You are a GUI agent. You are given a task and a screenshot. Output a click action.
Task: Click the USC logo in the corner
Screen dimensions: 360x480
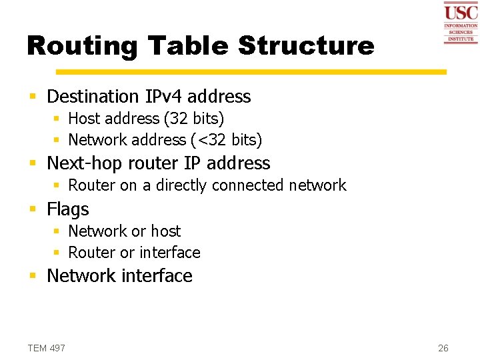pos(461,23)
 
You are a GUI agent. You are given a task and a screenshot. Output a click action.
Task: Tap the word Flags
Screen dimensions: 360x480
pos(67,209)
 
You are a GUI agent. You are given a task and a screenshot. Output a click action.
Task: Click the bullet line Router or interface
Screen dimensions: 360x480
pos(134,253)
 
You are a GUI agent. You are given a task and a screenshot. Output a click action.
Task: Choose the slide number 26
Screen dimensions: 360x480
pos(443,348)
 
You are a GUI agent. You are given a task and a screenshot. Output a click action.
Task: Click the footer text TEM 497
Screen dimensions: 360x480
pos(47,348)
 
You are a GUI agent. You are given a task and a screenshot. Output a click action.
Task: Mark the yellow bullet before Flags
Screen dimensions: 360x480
pos(33,210)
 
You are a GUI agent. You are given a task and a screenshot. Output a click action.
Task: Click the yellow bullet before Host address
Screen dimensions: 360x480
pos(57,119)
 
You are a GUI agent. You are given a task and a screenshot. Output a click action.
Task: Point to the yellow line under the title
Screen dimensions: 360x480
pos(251,71)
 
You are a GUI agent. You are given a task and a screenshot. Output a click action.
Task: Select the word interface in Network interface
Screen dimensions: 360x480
pos(159,276)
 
